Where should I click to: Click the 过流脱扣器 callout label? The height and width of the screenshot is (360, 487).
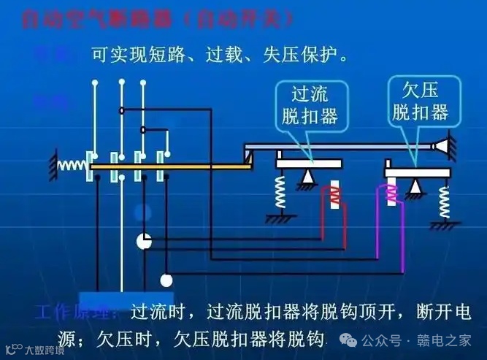pos(311,105)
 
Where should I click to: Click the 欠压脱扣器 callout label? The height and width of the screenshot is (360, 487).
pos(420,102)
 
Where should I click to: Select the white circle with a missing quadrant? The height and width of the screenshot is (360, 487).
pos(145,242)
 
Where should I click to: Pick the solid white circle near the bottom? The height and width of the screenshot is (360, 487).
pos(166,280)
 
